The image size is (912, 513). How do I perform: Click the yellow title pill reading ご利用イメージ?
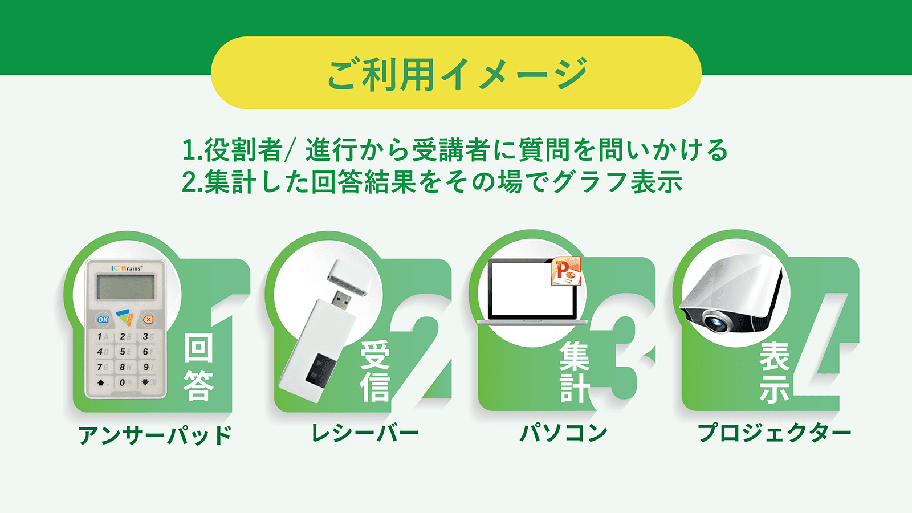click(x=456, y=73)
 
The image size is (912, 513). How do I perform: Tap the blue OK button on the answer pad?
click(x=103, y=320)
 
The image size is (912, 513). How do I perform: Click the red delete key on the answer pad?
click(x=148, y=320)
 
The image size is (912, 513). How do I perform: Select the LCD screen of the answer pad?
click(x=125, y=287)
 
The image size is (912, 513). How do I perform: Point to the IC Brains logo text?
click(x=127, y=268)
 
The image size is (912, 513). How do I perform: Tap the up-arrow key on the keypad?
click(x=101, y=382)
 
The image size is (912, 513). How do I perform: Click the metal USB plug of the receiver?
click(x=341, y=300)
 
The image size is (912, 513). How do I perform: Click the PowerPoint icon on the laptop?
click(x=566, y=271)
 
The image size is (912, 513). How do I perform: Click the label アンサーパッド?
click(x=154, y=435)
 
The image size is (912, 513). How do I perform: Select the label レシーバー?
click(x=365, y=433)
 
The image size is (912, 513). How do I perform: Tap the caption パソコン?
click(x=564, y=433)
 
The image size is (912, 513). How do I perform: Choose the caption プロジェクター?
click(x=775, y=433)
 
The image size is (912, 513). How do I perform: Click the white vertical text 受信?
click(x=375, y=370)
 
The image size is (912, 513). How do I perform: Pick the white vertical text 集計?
click(x=575, y=371)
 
